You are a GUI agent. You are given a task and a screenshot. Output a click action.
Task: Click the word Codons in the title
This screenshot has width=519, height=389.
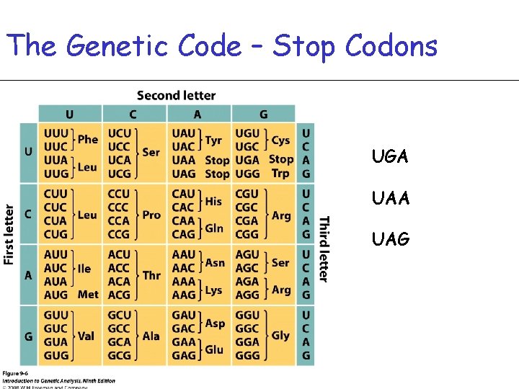[391, 46]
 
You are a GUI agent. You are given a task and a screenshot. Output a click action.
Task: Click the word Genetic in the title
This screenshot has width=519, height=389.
[107, 46]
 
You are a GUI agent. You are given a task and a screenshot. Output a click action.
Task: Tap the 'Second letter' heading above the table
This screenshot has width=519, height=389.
[176, 96]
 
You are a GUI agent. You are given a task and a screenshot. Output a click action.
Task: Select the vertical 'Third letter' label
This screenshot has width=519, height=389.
[324, 249]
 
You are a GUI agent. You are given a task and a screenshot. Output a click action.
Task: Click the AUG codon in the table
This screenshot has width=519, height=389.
[56, 295]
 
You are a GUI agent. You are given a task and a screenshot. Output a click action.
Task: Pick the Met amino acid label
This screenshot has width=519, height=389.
[88, 295]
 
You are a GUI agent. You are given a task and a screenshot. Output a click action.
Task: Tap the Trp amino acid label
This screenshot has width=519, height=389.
[280, 173]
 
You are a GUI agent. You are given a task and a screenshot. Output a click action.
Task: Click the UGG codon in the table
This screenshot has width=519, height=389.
[248, 173]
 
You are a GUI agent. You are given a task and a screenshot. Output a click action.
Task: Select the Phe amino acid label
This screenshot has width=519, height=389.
[88, 140]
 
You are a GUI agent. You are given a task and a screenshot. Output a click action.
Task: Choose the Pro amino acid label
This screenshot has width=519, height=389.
[151, 215]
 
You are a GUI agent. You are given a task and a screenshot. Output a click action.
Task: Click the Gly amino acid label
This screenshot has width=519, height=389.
[280, 335]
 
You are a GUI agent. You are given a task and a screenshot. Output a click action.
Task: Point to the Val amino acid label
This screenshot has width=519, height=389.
[86, 336]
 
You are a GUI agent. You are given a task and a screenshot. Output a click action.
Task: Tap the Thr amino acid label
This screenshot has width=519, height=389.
[151, 275]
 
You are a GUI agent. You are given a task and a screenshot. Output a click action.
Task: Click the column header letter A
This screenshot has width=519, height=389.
[197, 115]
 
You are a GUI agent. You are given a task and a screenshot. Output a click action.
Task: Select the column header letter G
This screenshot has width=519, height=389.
[262, 115]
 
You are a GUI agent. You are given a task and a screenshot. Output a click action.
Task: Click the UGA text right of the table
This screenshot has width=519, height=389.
[391, 157]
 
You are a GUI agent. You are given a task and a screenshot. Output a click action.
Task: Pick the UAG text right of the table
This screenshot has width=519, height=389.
[391, 238]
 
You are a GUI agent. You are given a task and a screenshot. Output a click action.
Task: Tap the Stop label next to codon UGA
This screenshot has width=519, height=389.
[281, 159]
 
